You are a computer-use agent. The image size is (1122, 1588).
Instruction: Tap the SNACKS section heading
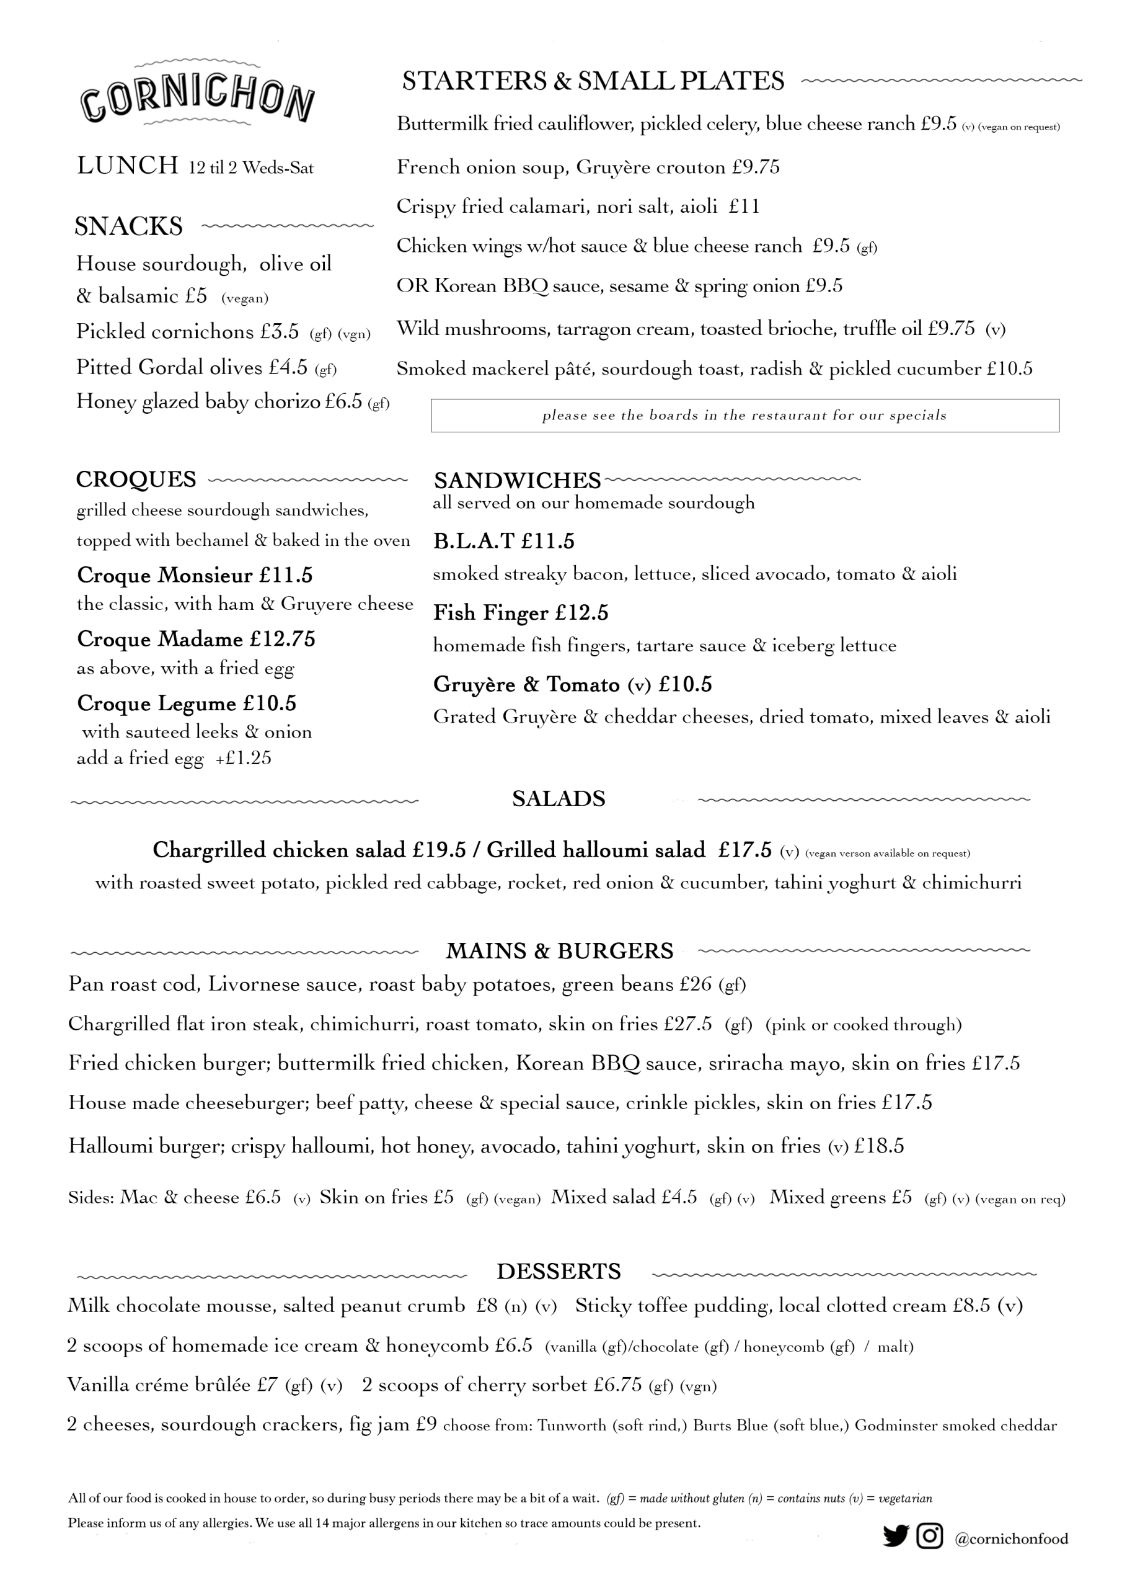tap(128, 226)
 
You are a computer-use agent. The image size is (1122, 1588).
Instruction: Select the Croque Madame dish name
tap(160, 638)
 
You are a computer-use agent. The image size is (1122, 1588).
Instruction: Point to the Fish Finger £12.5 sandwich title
tap(521, 613)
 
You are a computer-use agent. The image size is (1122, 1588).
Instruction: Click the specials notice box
tap(744, 415)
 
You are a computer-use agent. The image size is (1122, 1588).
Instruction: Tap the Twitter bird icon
tap(895, 1535)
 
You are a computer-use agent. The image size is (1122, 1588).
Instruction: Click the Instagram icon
tap(930, 1535)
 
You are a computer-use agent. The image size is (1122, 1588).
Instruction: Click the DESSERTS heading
tap(559, 1271)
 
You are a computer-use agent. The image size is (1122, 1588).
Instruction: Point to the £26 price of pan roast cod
tap(696, 984)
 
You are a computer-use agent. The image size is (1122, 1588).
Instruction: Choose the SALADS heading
tap(559, 799)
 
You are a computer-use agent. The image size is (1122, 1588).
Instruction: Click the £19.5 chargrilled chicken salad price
tap(439, 850)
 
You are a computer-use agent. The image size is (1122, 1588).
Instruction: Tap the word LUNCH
tap(128, 166)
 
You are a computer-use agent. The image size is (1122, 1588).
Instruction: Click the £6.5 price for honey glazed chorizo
tap(343, 401)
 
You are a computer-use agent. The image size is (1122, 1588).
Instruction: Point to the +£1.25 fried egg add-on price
tap(244, 758)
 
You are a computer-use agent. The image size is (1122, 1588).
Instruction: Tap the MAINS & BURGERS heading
tap(559, 951)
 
